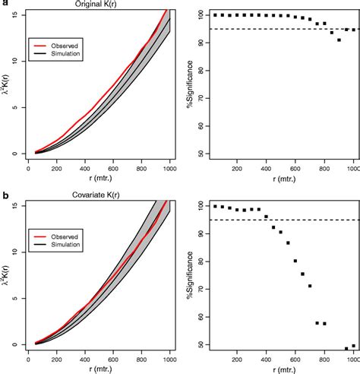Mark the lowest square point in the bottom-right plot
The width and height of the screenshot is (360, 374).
point(346,349)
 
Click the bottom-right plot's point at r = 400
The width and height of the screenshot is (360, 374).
point(267,217)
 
